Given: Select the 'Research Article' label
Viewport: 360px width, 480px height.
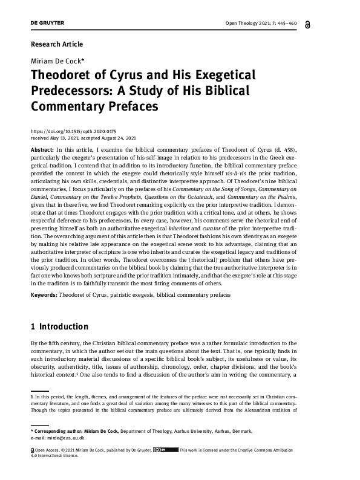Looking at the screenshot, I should [x=56, y=44].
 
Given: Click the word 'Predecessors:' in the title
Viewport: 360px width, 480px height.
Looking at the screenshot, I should [x=74, y=91].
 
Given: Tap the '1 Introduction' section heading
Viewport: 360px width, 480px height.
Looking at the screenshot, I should [x=59, y=327].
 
